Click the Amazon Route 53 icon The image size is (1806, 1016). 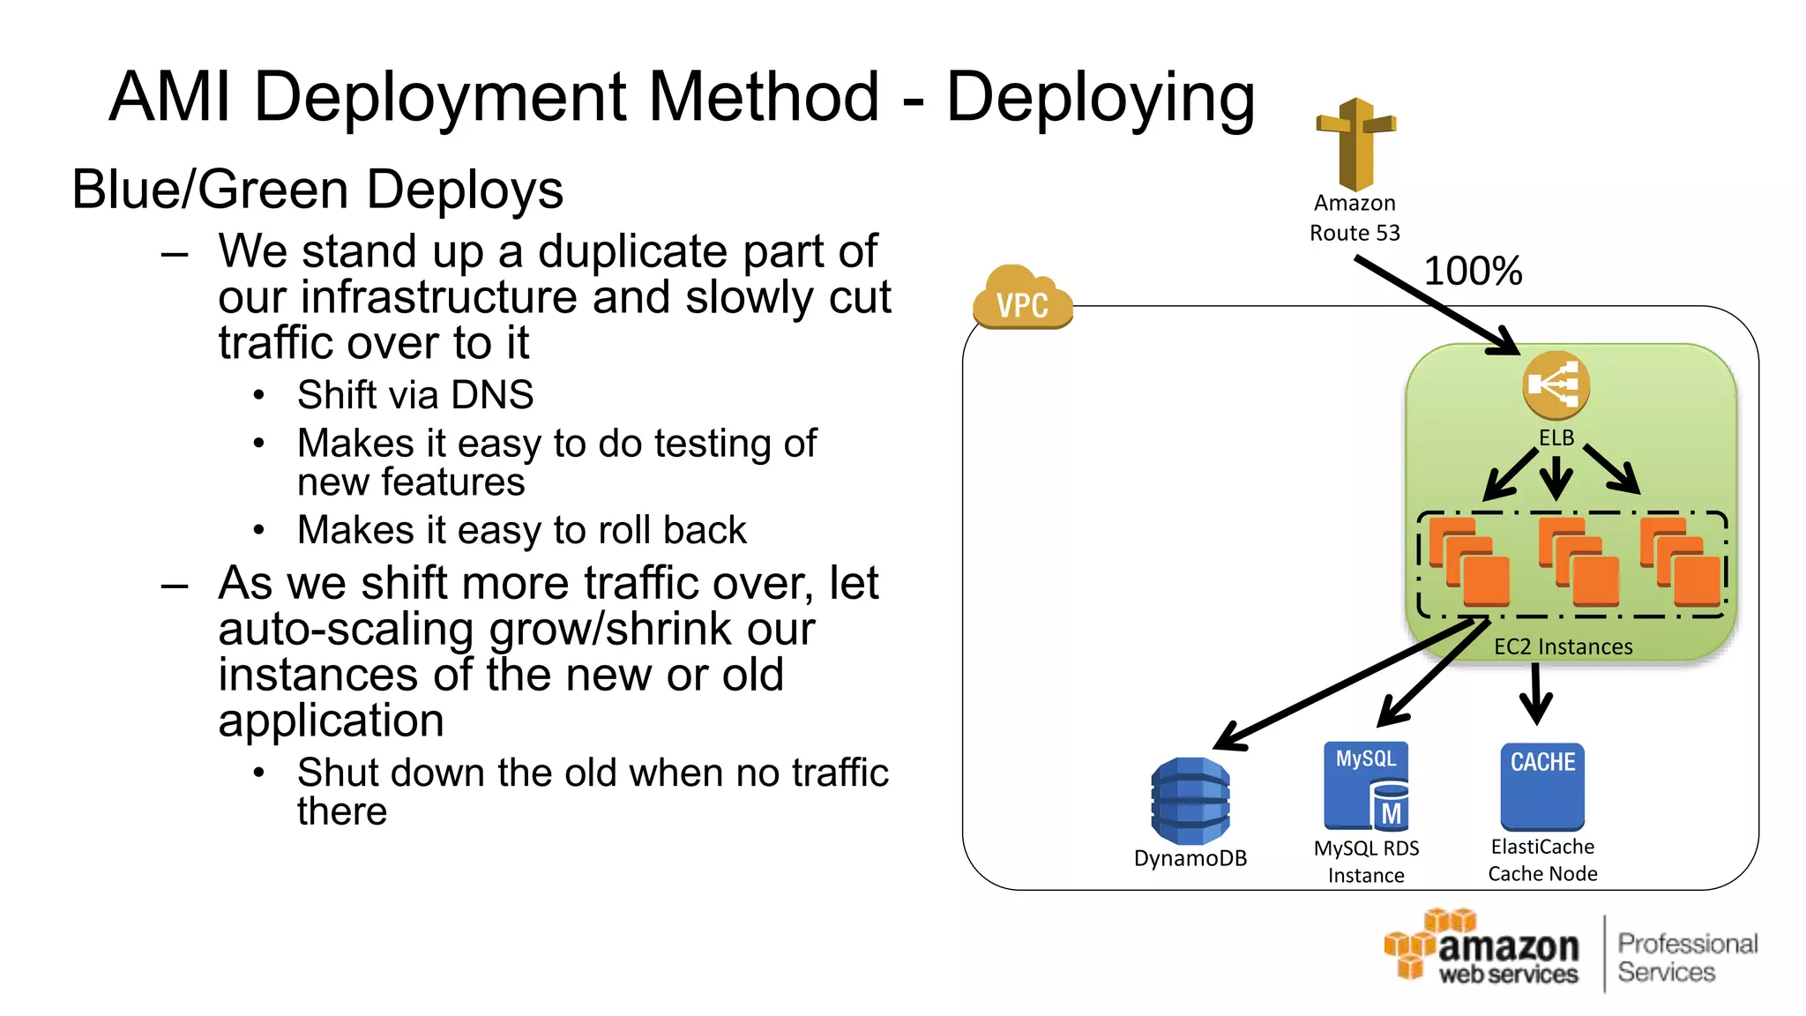(1355, 144)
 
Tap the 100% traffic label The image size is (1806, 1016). (1473, 271)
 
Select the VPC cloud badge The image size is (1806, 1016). (1023, 299)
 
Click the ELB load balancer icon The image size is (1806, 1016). (1556, 385)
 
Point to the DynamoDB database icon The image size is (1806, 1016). (1190, 801)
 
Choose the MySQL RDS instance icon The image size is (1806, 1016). (1366, 786)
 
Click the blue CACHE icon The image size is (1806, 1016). (1542, 786)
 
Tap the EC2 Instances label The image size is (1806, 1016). (1563, 646)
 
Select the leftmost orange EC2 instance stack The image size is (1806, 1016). (1469, 562)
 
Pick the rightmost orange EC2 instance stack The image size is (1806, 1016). (1681, 562)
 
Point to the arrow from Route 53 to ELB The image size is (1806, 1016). (1437, 304)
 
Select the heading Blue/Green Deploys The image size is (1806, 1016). (317, 190)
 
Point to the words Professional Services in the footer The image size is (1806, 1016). (1686, 958)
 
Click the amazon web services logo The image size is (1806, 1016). (1483, 949)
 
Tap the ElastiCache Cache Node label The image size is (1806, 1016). (1542, 860)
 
